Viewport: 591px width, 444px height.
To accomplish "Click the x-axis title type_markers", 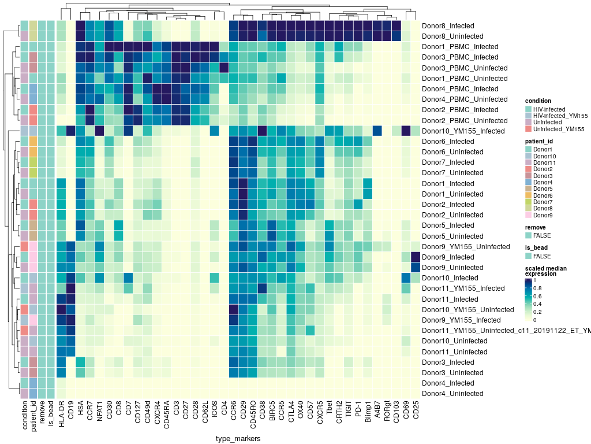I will click(x=238, y=439).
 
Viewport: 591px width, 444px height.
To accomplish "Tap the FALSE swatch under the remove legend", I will click(x=528, y=235).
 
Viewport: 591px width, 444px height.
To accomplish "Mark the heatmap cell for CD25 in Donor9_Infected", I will click(x=416, y=257).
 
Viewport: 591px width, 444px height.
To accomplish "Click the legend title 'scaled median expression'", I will click(x=545, y=271).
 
